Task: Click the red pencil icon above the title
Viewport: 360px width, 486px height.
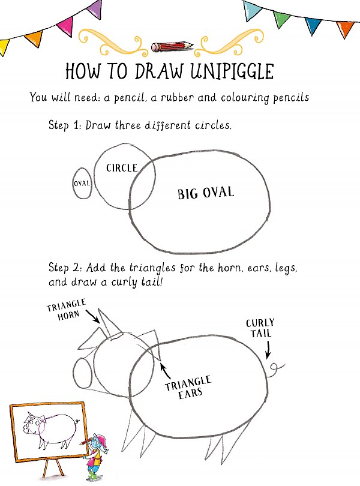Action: click(172, 46)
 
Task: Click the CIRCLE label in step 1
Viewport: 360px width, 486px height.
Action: click(122, 168)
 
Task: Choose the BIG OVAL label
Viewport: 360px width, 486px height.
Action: click(206, 193)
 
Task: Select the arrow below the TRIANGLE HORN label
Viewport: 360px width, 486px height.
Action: click(91, 316)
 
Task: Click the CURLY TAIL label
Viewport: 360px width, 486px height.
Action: click(260, 328)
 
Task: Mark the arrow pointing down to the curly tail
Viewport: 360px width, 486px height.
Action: click(268, 348)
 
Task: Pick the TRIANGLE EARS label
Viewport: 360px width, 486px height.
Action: click(188, 387)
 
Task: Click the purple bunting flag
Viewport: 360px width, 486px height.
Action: click(94, 8)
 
